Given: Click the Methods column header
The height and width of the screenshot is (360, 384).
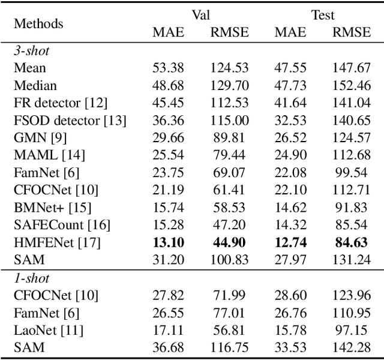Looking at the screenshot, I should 38,24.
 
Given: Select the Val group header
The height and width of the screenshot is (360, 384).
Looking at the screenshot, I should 199,15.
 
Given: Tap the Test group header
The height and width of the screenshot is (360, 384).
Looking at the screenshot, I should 322,15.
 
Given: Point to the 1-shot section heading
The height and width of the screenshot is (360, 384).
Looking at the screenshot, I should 32,278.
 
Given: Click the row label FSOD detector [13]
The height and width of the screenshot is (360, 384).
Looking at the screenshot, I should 70,121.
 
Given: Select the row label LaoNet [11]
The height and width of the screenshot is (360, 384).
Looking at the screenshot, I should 49,329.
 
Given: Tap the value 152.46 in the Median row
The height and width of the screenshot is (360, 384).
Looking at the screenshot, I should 352,86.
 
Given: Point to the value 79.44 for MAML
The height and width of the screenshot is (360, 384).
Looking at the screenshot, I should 229,155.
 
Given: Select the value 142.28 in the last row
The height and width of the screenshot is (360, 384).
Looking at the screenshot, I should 352,347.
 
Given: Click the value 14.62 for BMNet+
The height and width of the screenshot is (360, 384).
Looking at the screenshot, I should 290,208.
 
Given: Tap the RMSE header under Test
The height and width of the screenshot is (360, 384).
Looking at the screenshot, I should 352,32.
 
